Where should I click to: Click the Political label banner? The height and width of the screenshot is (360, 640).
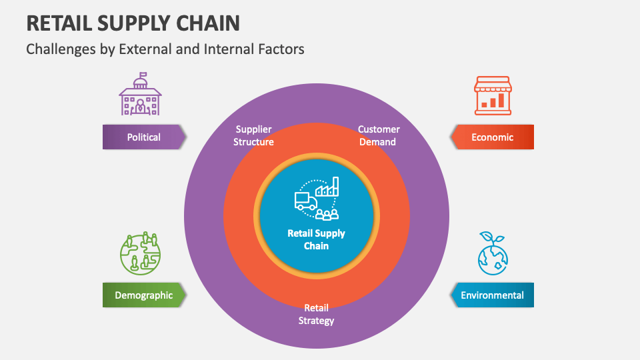tap(144, 137)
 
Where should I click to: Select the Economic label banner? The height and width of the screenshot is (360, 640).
tap(492, 137)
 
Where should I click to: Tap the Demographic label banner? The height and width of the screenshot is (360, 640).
tap(143, 295)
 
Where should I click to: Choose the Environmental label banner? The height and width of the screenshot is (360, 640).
tap(492, 295)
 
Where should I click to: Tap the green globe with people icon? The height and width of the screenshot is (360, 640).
tap(141, 254)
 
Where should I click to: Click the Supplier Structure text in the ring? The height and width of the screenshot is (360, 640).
tap(253, 135)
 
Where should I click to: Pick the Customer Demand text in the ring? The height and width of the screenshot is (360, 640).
tap(379, 135)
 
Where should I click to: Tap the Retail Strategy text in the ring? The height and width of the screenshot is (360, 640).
tap(316, 314)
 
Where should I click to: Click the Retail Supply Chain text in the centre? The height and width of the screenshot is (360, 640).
tap(316, 239)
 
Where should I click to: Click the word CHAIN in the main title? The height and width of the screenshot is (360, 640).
tap(207, 23)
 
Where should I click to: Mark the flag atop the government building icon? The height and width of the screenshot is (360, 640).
tap(143, 75)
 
